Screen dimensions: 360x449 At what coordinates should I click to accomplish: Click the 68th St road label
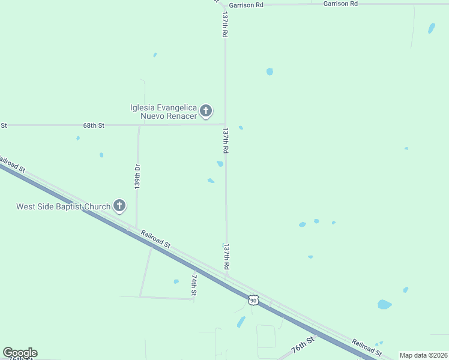tap(94, 125)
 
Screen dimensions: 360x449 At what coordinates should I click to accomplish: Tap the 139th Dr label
tap(137, 178)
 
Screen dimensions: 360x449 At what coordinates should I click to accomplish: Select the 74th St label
tap(194, 285)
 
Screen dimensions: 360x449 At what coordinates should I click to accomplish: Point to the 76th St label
tap(303, 345)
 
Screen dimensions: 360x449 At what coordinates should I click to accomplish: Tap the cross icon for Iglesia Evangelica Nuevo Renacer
tap(206, 110)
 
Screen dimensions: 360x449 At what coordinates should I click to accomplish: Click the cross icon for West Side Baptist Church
tap(119, 206)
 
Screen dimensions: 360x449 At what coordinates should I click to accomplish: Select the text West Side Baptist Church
tap(63, 207)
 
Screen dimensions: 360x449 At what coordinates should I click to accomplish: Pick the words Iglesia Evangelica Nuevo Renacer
tap(163, 112)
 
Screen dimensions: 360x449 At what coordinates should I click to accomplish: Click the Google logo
tap(20, 353)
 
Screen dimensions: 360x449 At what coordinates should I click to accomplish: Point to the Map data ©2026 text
tap(423, 355)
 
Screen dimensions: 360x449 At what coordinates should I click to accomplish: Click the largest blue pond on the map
tap(385, 304)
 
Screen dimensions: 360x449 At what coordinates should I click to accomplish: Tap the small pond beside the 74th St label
tap(176, 281)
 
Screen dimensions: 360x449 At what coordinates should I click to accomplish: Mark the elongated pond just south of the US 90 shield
tap(241, 322)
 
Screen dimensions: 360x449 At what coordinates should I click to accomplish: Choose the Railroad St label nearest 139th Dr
tap(156, 238)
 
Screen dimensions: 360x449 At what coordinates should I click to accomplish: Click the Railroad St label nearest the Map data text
tap(367, 347)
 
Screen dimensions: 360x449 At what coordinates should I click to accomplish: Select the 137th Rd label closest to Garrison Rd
tap(225, 25)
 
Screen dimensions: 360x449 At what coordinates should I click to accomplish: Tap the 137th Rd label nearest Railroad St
tap(226, 256)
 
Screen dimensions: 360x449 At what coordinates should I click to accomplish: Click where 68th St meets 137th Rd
tap(225, 124)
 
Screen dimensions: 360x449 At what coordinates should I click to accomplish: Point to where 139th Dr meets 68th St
tap(139, 125)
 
